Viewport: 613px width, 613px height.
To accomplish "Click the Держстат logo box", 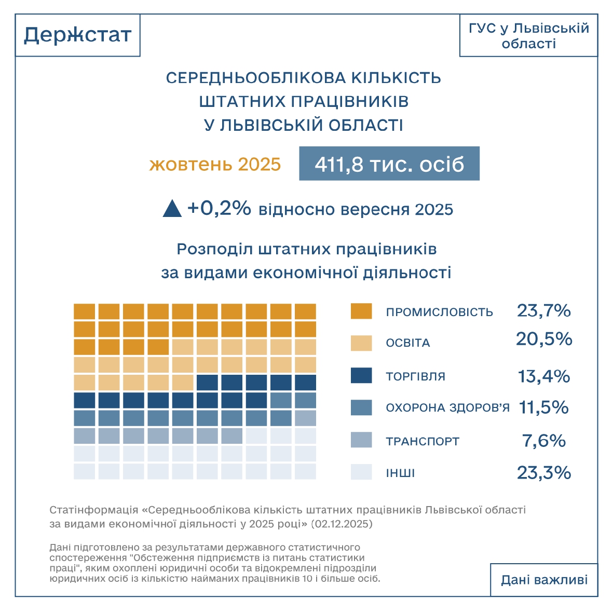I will tap(78, 35).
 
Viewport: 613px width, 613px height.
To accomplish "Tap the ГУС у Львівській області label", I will tap(528, 35).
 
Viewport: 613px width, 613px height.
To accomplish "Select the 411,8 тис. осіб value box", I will tap(389, 164).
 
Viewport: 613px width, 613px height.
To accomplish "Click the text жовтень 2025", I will tap(215, 165).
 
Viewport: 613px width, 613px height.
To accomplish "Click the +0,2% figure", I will tap(219, 208).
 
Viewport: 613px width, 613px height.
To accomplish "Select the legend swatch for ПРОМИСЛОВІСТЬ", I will tap(361, 311).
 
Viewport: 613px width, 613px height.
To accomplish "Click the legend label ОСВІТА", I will tap(408, 343).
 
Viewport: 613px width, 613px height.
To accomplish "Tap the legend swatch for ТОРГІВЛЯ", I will tap(361, 376).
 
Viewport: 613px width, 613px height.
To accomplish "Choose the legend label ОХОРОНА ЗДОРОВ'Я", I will tap(448, 408).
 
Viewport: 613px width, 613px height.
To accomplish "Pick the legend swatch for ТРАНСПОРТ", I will tap(361, 440).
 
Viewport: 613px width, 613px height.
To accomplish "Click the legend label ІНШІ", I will tap(400, 473).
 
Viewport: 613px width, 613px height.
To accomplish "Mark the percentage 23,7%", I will tap(544, 311).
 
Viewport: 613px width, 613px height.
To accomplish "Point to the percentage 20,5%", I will tap(544, 339).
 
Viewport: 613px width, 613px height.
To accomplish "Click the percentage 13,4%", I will tap(544, 376).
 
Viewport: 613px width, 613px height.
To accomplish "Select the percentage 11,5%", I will tap(544, 407).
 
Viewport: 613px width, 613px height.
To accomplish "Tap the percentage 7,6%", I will tap(544, 441).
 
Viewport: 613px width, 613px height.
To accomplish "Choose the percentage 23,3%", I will tap(544, 473).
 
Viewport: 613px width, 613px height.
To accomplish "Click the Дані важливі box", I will tap(544, 579).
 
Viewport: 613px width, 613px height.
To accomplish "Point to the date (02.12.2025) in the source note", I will tap(342, 524).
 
